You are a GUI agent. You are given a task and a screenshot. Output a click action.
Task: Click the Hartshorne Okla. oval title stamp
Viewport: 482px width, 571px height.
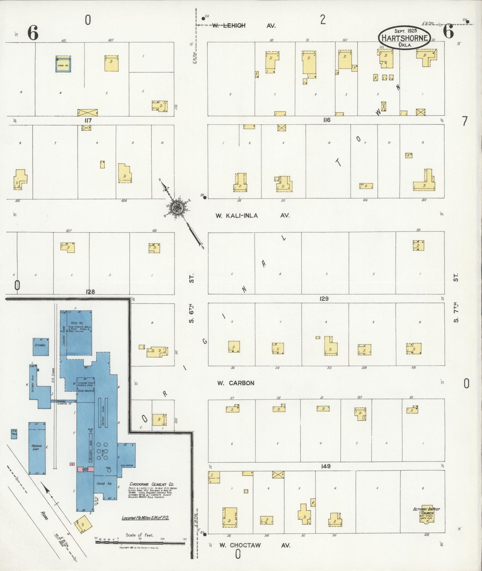(x=404, y=38)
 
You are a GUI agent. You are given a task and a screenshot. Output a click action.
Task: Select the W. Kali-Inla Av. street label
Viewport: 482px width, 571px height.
(x=253, y=216)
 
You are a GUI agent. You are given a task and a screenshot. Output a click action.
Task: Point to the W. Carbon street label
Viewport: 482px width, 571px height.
(x=236, y=383)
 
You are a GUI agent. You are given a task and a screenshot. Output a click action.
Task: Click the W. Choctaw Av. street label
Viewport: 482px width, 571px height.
(x=255, y=545)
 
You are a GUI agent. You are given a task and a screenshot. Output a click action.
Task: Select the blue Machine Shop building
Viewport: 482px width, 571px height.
(x=37, y=448)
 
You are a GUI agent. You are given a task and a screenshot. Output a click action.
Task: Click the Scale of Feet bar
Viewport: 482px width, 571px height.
(x=140, y=543)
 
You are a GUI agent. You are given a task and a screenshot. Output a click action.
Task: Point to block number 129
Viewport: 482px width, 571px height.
(x=324, y=299)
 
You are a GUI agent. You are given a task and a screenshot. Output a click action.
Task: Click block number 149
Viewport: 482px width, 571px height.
(x=326, y=466)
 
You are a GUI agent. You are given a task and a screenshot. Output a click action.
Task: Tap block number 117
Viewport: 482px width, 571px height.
(x=88, y=121)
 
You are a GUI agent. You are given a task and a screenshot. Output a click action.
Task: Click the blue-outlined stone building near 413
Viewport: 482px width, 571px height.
(x=63, y=64)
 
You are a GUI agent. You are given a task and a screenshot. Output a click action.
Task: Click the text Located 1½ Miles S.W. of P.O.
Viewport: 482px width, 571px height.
(x=145, y=518)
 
